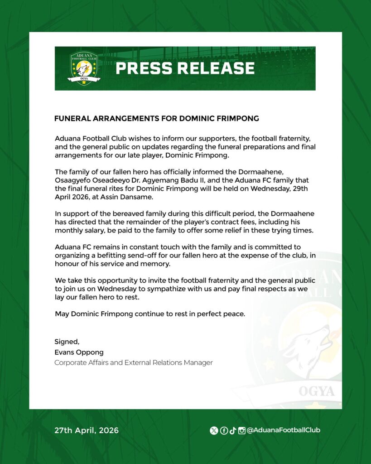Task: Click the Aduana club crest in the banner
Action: coord(83,68)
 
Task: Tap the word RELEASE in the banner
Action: coord(217,68)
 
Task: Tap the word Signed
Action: coord(67,342)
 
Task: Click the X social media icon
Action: coord(214,430)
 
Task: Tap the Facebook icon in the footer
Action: coord(223,430)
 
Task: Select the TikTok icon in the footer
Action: coord(232,430)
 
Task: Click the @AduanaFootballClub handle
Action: coord(283,430)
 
